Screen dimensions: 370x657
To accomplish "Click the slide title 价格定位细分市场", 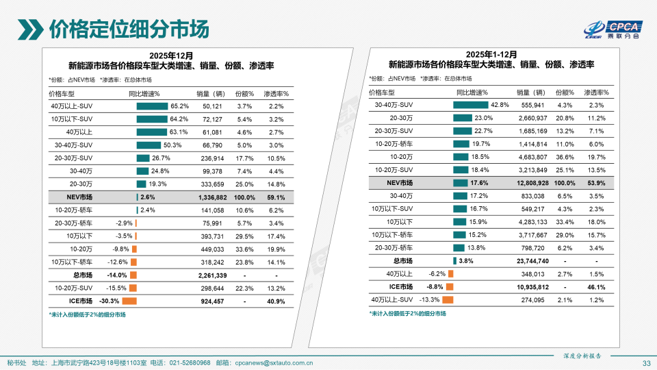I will click(128, 29).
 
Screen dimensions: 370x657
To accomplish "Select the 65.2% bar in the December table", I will click(152, 106).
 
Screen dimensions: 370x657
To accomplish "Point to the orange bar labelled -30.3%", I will click(129, 301).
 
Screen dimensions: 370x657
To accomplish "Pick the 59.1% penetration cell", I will click(276, 197).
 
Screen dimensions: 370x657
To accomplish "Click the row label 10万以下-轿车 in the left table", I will click(71, 262).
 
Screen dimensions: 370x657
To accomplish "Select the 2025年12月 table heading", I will click(171, 55).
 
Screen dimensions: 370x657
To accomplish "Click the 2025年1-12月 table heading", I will click(491, 53).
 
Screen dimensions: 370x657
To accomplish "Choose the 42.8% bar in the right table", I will click(470, 105).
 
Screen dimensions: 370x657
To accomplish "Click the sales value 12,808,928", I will click(530, 183).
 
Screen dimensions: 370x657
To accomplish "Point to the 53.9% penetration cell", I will click(596, 183).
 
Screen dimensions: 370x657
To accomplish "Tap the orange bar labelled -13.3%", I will click(448, 299).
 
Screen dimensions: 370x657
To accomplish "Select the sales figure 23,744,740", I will click(530, 260).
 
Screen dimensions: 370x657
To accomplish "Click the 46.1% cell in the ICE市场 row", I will click(596, 286).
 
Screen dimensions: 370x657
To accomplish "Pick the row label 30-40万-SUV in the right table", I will click(394, 105).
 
